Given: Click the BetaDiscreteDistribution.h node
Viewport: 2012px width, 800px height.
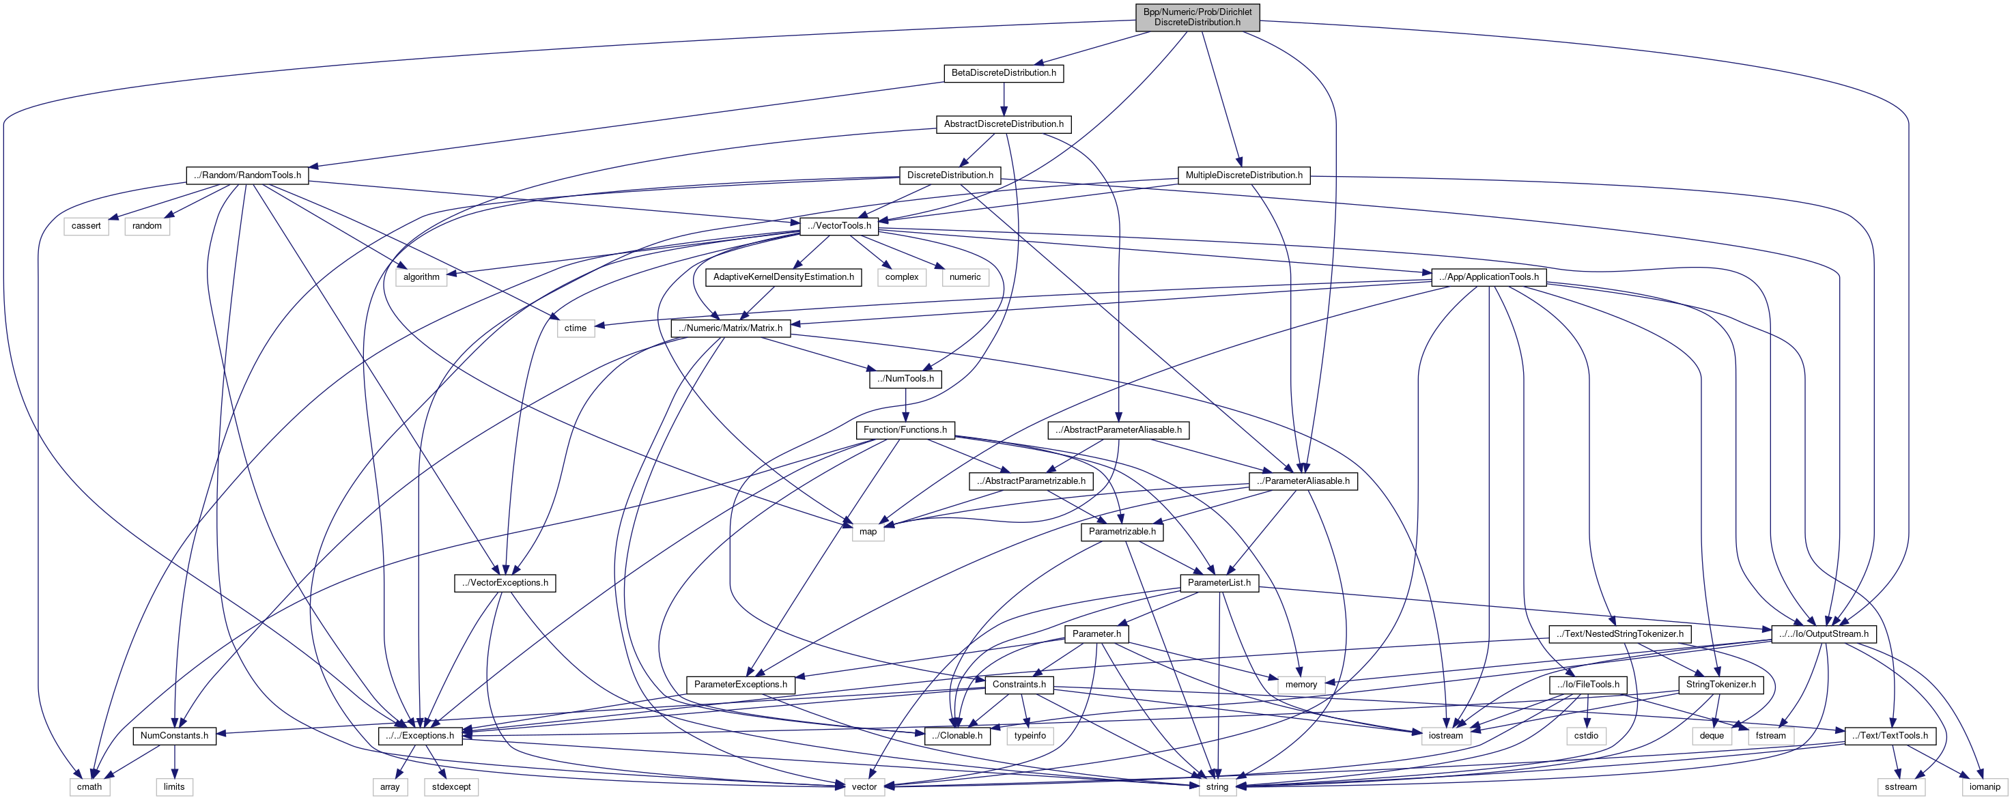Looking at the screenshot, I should click(x=1003, y=72).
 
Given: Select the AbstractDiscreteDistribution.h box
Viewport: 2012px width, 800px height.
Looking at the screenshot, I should click(x=1003, y=124).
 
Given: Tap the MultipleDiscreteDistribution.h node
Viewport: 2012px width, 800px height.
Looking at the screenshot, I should click(x=1243, y=175).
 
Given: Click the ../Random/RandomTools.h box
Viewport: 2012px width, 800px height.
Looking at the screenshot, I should click(x=247, y=175).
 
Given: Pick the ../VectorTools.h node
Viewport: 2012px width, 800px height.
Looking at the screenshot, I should click(x=840, y=226).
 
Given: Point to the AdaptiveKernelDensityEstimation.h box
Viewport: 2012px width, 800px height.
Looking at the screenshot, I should click(x=783, y=276).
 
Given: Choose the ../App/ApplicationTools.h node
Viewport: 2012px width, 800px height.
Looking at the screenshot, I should click(x=1489, y=276).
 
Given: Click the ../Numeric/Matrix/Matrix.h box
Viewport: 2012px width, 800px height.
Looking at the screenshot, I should click(x=731, y=328).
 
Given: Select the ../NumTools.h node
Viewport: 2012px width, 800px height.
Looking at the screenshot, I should click(x=905, y=379).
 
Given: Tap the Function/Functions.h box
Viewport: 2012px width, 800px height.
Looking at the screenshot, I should click(x=905, y=429).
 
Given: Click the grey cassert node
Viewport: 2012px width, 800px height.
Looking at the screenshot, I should click(x=86, y=226).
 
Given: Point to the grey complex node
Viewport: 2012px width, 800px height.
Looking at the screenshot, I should click(x=902, y=276).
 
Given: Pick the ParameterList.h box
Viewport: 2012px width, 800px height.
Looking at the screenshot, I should click(x=1219, y=583).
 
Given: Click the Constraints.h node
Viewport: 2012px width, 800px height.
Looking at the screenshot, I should click(x=1019, y=685).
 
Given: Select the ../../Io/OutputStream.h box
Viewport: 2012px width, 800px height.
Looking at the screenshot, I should click(x=1823, y=633).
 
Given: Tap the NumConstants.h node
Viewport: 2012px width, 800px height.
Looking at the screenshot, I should click(x=174, y=735).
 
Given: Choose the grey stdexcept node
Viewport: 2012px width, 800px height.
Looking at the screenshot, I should click(x=451, y=787).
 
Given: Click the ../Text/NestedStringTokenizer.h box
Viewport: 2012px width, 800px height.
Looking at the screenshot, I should click(x=1620, y=633).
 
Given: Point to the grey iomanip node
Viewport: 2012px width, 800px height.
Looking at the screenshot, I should click(x=1985, y=787).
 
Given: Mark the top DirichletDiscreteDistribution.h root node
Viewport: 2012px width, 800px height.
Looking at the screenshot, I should click(x=1197, y=17).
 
